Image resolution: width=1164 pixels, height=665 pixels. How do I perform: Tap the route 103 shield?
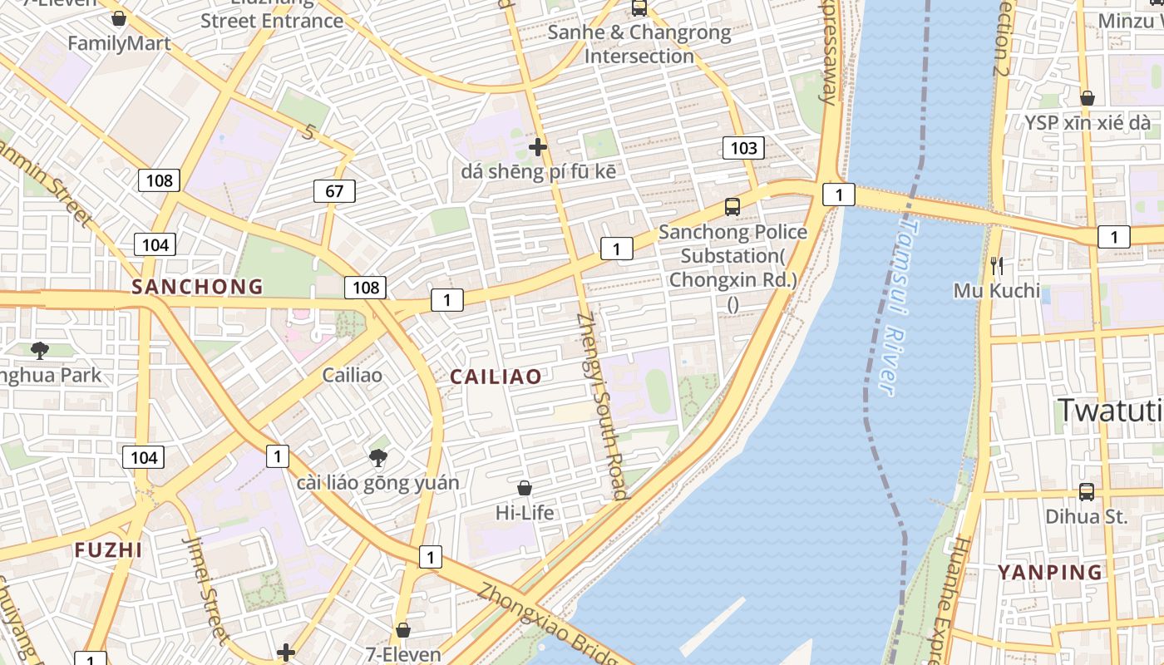point(742,148)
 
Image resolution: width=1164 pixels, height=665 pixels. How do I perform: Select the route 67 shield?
point(334,191)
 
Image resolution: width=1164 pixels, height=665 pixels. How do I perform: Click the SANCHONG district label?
point(197,287)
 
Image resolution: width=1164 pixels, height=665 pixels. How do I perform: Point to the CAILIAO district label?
point(496,377)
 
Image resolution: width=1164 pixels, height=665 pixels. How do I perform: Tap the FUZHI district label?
point(108,549)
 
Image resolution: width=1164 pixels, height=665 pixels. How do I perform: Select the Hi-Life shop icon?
point(525,487)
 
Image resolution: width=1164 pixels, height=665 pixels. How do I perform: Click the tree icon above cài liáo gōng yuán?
point(378,457)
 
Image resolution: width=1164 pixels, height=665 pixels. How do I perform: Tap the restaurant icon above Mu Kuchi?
point(997,266)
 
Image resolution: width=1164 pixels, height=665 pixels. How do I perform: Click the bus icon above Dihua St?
point(1086,491)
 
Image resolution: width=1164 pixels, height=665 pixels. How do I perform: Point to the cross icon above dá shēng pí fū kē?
point(538,147)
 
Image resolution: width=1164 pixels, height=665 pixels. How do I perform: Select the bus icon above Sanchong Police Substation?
point(732,206)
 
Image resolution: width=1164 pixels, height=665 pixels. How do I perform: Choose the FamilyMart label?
point(119,43)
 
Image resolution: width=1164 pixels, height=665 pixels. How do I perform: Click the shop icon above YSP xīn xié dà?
point(1087,98)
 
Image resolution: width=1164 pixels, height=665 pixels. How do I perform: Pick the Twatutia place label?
point(1110,411)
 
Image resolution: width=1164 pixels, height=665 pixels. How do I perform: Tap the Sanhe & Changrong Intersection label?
point(639,44)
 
